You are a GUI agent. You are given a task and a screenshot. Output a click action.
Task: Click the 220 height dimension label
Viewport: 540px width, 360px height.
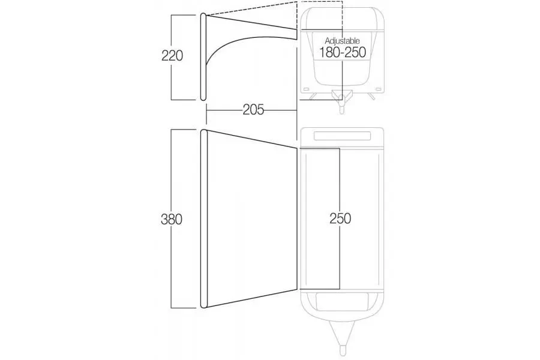pos(172,55)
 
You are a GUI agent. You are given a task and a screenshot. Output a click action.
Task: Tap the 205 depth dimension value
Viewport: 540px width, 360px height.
pos(253,110)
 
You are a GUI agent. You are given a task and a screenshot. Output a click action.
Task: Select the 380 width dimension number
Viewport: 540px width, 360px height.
pos(172,219)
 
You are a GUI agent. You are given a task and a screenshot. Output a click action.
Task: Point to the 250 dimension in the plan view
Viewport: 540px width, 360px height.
pos(340,218)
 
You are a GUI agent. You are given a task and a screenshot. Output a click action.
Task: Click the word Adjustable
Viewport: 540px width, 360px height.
pos(342,41)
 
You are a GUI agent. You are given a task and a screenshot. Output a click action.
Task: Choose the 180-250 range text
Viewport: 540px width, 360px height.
pos(342,52)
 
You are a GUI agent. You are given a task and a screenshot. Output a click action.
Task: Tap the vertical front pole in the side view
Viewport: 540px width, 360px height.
pos(203,57)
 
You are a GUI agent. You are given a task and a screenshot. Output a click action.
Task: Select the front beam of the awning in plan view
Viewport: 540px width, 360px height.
pos(203,218)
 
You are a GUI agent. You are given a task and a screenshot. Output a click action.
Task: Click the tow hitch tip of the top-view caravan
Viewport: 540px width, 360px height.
pos(343,350)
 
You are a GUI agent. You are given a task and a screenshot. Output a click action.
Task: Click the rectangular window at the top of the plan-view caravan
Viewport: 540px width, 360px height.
pos(343,136)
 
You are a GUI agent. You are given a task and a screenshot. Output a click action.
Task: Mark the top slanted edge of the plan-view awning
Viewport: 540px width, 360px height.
pos(252,139)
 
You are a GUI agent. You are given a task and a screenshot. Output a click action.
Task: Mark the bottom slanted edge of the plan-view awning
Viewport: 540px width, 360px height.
pos(252,298)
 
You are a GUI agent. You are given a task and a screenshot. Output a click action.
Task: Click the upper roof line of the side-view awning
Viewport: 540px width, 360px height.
pos(251,22)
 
